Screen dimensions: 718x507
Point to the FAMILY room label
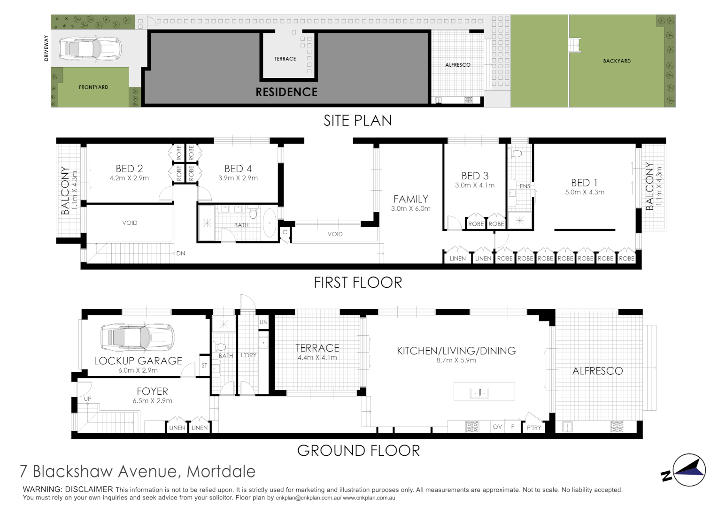coord(410,200)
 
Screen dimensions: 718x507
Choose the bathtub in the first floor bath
coord(270,223)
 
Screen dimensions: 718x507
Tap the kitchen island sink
coord(479,393)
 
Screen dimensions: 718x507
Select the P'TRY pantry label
coord(534,428)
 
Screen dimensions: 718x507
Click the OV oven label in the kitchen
coord(497,427)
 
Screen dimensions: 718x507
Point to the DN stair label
coord(180,253)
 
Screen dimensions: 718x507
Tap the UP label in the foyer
coord(87,399)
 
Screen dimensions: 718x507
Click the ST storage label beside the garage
coord(204,365)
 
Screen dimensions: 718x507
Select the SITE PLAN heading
coord(357,121)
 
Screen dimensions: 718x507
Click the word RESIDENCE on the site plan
coord(286,92)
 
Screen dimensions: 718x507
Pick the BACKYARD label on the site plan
coord(617,61)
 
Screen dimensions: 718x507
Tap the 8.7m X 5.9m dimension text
coord(456,360)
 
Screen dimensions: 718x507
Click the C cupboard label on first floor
coord(285,232)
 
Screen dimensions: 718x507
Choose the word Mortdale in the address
coord(221,471)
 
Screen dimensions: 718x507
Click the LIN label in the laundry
coord(263,322)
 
